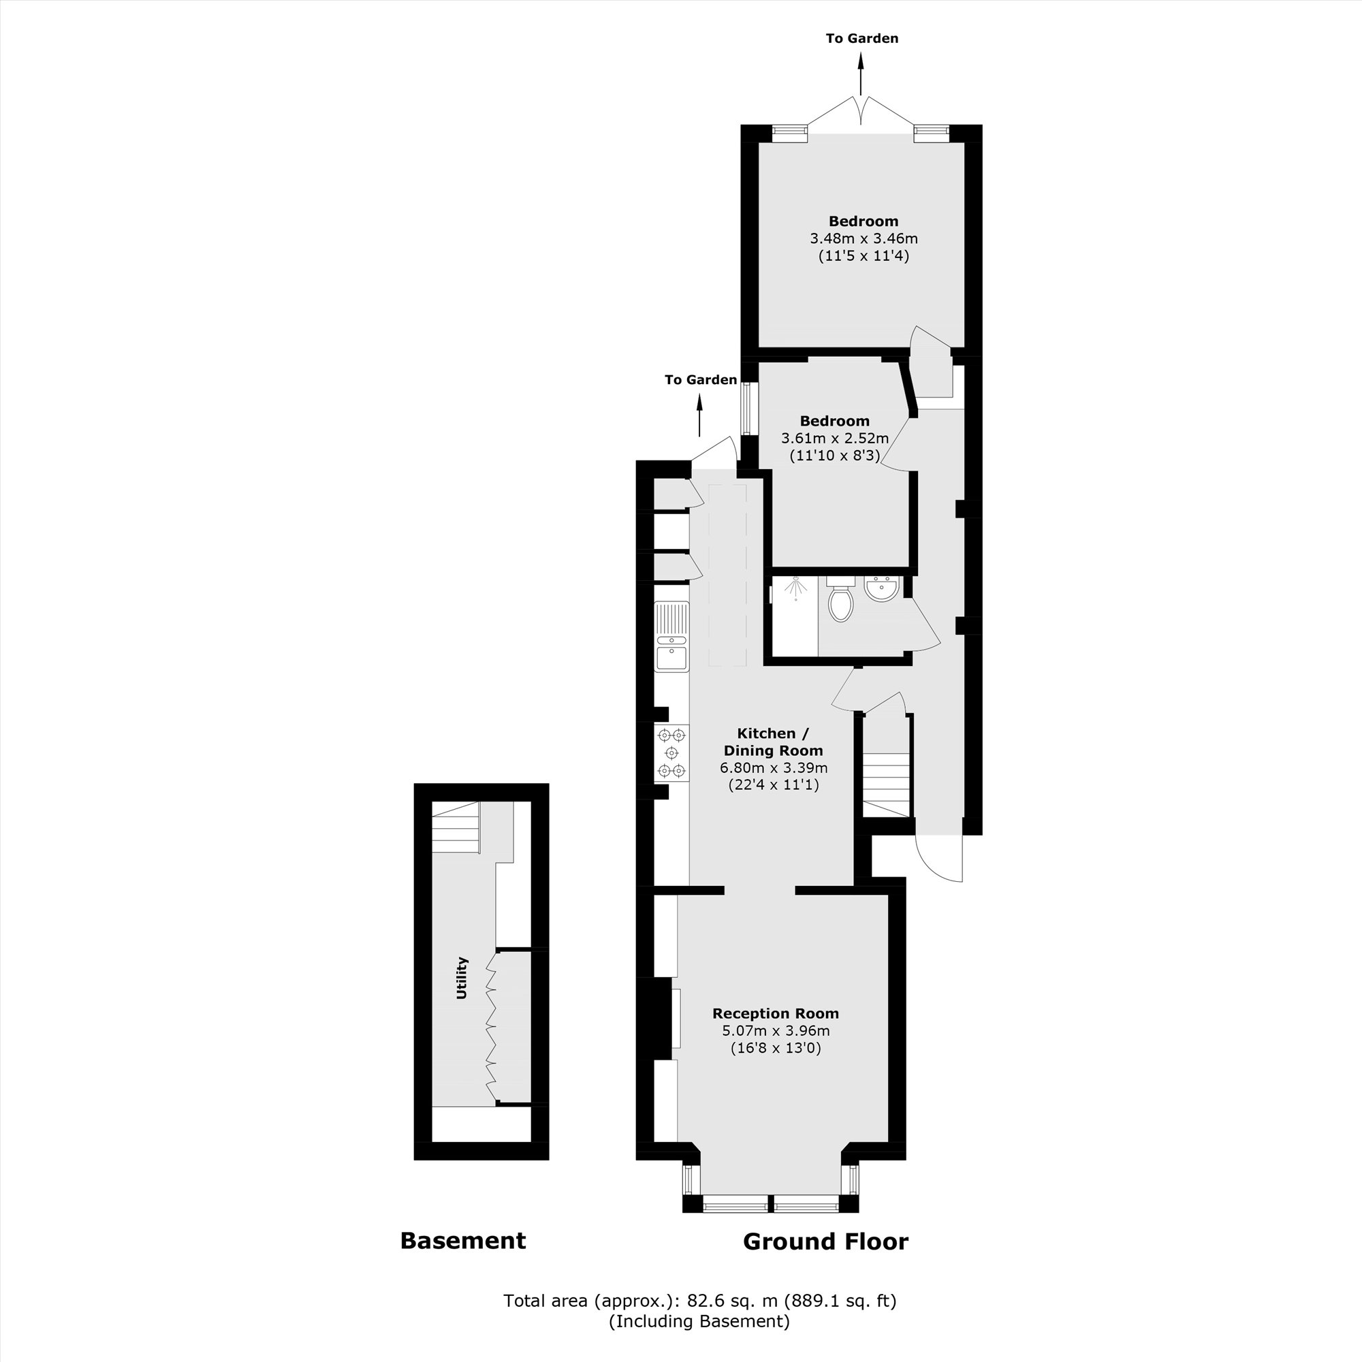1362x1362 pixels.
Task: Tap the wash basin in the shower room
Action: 881,588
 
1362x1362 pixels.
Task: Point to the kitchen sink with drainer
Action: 671,637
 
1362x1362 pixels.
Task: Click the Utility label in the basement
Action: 462,978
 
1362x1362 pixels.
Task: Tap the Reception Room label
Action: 776,1013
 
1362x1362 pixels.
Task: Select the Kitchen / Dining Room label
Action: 774,742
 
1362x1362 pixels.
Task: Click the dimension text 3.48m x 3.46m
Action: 864,238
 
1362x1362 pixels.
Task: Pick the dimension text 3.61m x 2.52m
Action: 835,438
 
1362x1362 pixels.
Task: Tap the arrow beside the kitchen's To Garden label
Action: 699,415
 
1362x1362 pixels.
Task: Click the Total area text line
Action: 699,1301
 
